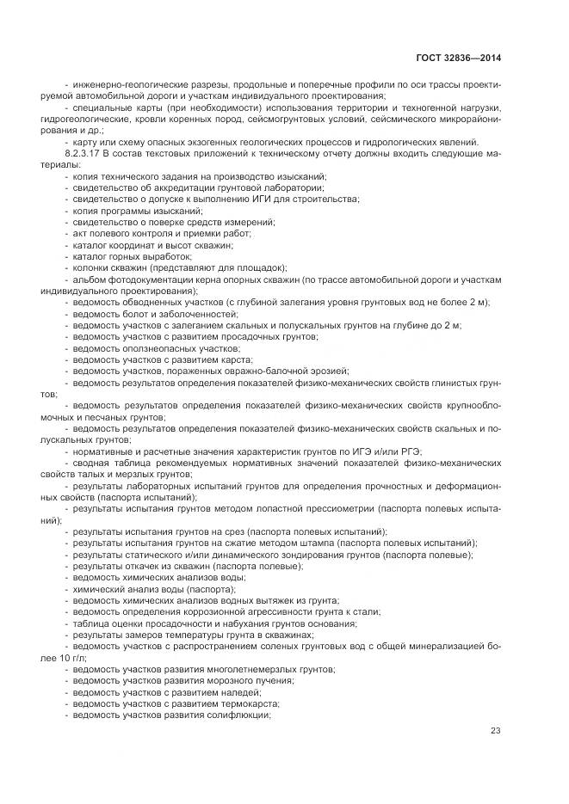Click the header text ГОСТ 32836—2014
(457, 58)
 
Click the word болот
(133, 315)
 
